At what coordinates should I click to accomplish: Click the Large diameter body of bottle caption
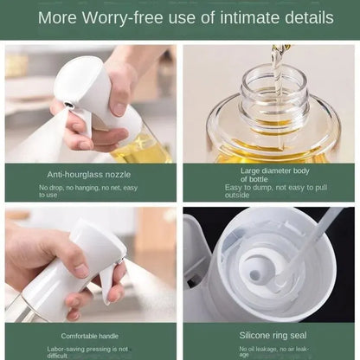click(268, 175)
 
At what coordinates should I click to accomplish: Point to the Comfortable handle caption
click(90, 335)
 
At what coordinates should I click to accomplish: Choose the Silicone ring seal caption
click(268, 334)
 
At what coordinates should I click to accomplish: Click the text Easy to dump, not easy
click(268, 187)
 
